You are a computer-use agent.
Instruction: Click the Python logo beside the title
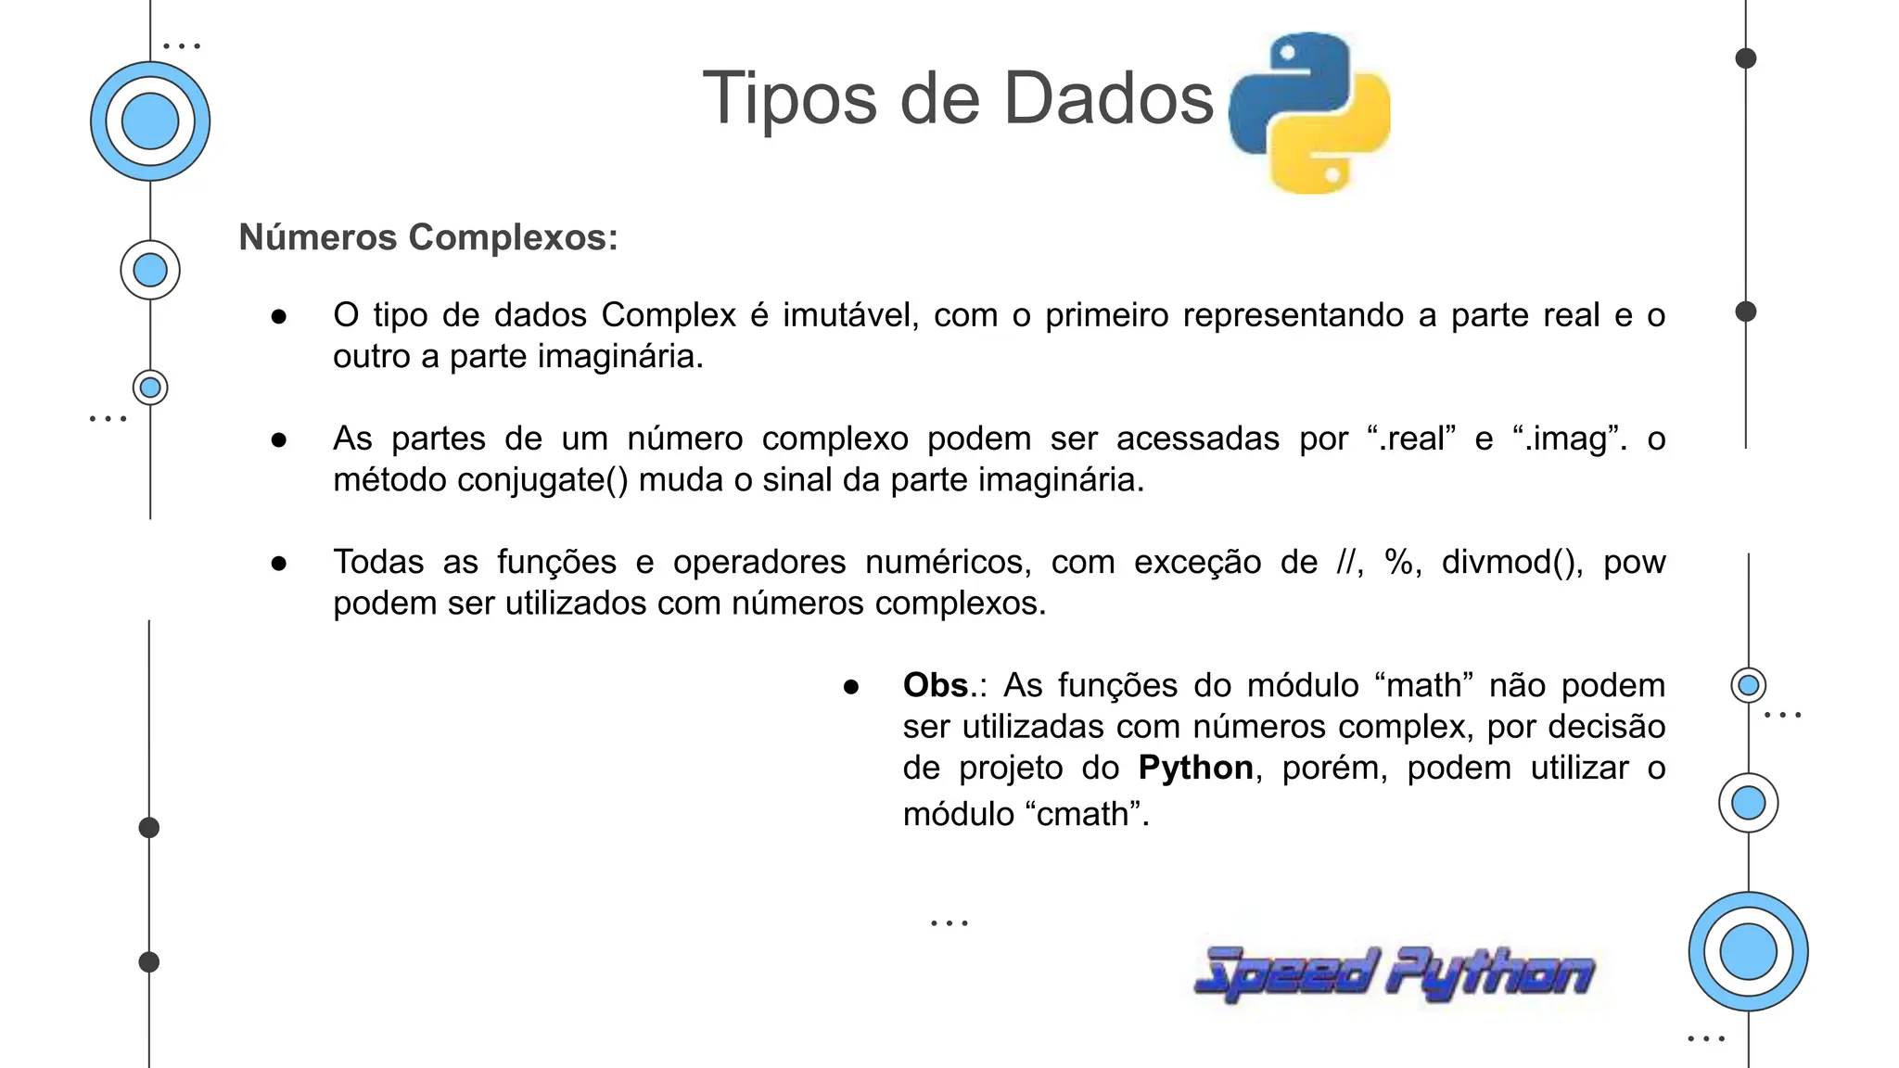[x=1308, y=112]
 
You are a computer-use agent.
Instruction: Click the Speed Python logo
[x=1394, y=974]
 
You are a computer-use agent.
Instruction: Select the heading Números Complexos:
[x=428, y=237]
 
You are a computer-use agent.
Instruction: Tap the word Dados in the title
[x=1108, y=98]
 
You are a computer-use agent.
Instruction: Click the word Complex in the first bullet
[x=669, y=315]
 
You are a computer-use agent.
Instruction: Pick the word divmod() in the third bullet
[x=1511, y=562]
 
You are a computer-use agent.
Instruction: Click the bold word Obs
[x=936, y=685]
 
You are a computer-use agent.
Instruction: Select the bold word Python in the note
[x=1195, y=768]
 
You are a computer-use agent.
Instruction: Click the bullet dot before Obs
[x=851, y=687]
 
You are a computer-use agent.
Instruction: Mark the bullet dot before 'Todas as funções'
[x=279, y=564]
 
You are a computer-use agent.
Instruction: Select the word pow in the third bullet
[x=1634, y=562]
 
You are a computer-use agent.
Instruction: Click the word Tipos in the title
[x=789, y=98]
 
